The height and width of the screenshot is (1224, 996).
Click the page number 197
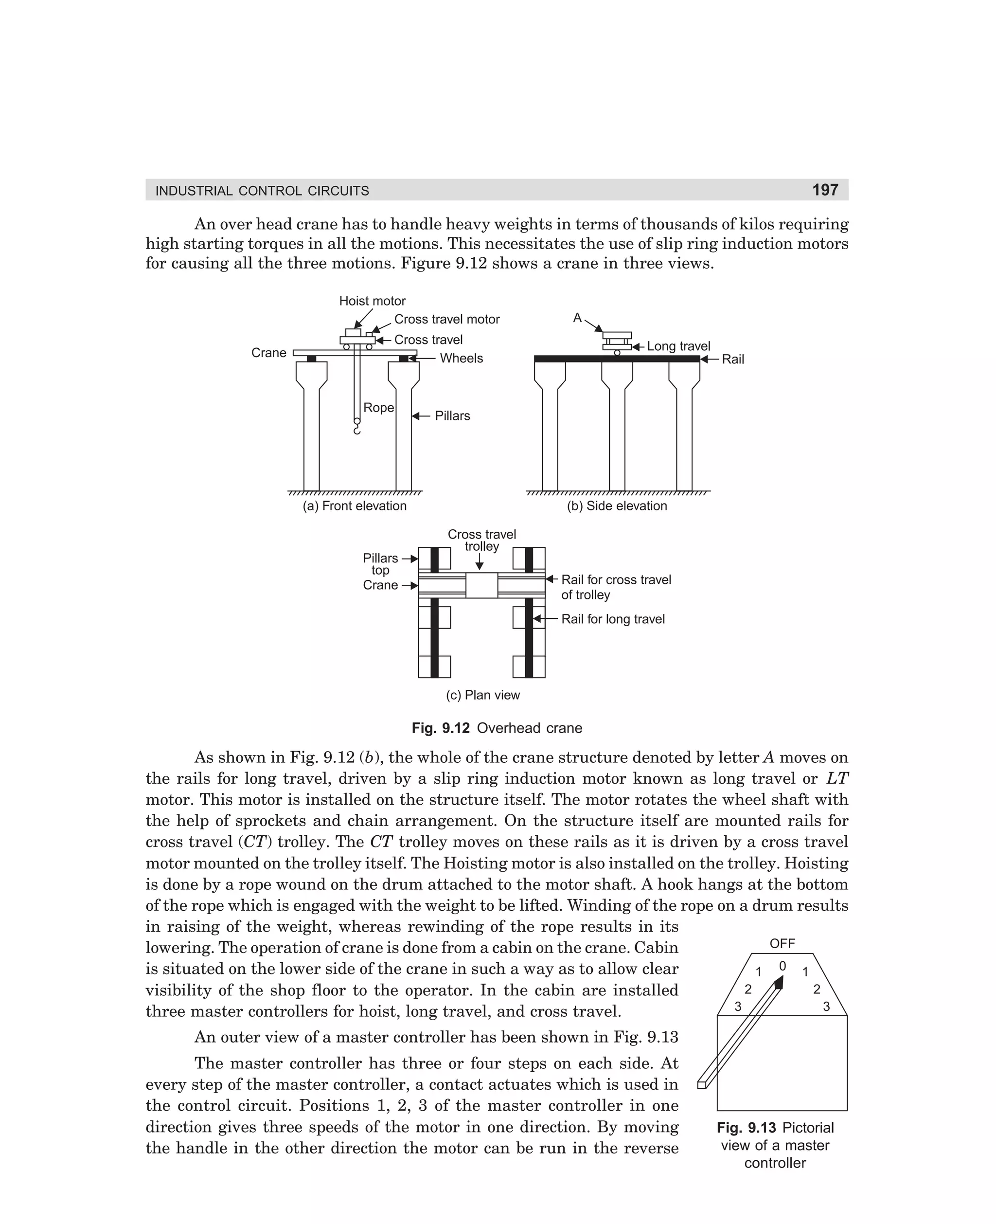pyautogui.click(x=825, y=190)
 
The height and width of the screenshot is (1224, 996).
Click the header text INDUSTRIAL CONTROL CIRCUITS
pyautogui.click(x=262, y=191)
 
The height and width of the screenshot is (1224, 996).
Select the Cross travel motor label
pyautogui.click(x=446, y=319)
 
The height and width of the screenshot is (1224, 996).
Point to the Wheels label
pyautogui.click(x=461, y=358)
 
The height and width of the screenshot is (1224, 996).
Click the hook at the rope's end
pyautogui.click(x=357, y=427)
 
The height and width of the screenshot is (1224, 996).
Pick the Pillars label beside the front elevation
pyautogui.click(x=452, y=415)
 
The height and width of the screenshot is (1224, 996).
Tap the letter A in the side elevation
pyautogui.click(x=577, y=318)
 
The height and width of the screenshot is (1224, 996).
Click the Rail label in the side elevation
pyautogui.click(x=733, y=359)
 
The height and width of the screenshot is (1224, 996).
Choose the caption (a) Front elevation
pyautogui.click(x=355, y=505)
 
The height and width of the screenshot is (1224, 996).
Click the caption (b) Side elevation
pyautogui.click(x=617, y=505)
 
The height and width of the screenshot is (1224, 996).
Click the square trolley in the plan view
pyautogui.click(x=481, y=585)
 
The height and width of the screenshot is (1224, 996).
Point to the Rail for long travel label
pyautogui.click(x=613, y=619)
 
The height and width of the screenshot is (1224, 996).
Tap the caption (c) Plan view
pyautogui.click(x=482, y=695)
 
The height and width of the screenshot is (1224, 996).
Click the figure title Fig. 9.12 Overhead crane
pyautogui.click(x=497, y=728)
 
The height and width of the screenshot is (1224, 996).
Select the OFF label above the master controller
pyautogui.click(x=782, y=943)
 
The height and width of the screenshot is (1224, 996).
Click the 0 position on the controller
pyautogui.click(x=782, y=966)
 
